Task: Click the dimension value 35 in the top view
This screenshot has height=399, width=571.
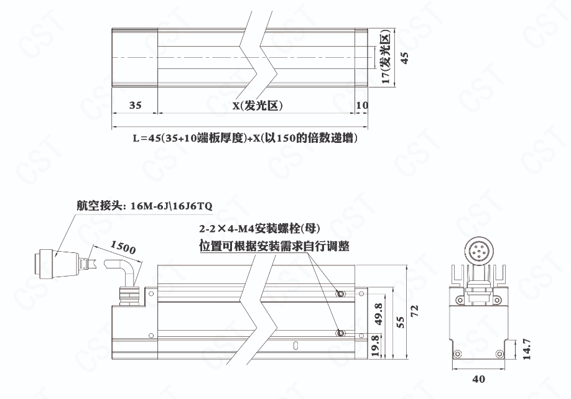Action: pos(135,105)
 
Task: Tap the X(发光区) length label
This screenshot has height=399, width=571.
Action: pos(258,106)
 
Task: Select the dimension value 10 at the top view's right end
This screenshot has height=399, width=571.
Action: pos(362,105)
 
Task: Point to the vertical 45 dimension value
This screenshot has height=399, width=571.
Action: pos(404,58)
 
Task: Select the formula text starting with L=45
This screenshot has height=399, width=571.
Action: pos(244,138)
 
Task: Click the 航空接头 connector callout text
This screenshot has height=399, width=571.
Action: pos(144,206)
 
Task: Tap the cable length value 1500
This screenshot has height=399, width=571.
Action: pos(123,247)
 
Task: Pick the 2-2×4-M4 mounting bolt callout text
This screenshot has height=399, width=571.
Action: pos(259,229)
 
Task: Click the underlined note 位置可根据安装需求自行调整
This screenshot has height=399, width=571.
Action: pos(274,246)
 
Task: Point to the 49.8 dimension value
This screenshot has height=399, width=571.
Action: pos(379,314)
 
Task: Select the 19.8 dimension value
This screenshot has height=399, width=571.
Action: pos(376,346)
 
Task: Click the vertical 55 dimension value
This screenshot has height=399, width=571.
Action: pos(400,323)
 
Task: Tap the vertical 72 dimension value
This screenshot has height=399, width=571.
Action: pos(415,311)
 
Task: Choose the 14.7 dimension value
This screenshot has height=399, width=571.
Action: pos(527,349)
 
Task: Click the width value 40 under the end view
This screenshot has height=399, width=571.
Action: pos(478,379)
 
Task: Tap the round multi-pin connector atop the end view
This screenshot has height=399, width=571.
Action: pos(478,250)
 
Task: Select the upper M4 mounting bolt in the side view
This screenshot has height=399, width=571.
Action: pos(340,293)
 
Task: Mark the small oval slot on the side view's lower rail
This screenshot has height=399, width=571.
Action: pos(295,344)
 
